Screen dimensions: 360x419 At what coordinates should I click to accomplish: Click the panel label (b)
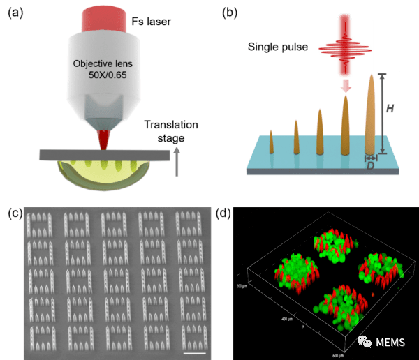click(x=230, y=13)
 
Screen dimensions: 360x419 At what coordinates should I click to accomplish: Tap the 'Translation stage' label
click(x=170, y=130)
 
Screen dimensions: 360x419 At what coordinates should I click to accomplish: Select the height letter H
click(x=392, y=110)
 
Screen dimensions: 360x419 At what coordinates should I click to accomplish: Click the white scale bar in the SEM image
click(x=196, y=352)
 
